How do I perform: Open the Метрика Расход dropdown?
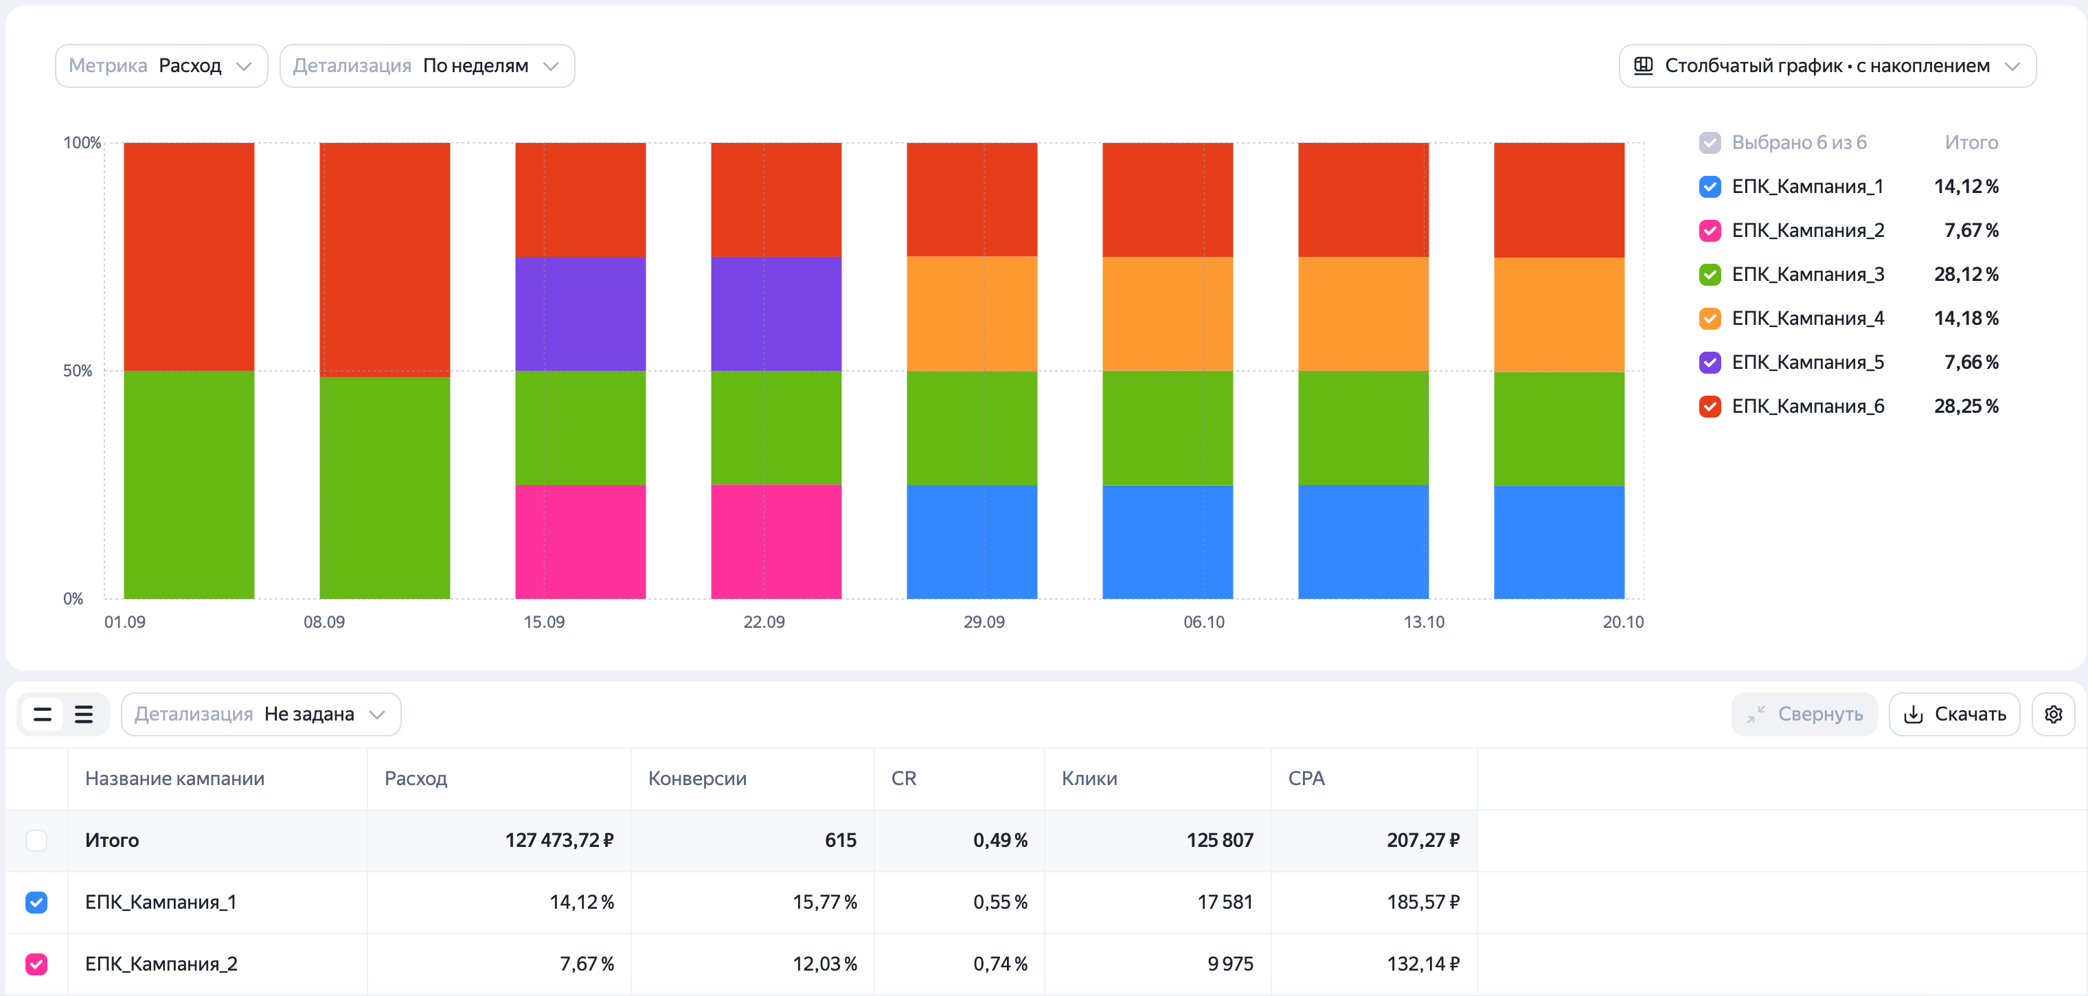tap(161, 66)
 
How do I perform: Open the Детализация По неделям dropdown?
tap(427, 66)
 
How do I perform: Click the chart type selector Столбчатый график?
tap(1827, 66)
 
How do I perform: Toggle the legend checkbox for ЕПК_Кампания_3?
tap(1710, 275)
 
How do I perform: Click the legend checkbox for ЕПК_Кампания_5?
tap(1710, 362)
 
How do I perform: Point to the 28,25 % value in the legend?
tap(1966, 406)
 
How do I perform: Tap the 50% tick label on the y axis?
tap(78, 370)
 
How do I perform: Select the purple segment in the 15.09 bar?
tap(580, 314)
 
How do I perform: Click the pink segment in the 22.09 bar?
tap(775, 541)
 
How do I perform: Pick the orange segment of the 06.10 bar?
tap(1167, 314)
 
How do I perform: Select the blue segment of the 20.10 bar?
tap(1558, 542)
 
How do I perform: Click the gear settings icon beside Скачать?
tap(2053, 714)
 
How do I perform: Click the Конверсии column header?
tap(697, 778)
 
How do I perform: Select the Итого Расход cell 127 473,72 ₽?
tap(559, 840)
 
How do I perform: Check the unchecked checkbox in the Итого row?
tap(36, 840)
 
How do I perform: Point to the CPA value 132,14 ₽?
tap(1422, 964)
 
